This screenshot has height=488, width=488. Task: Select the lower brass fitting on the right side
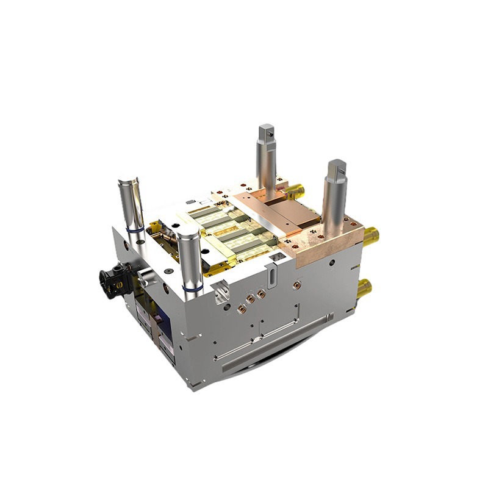(x=365, y=287)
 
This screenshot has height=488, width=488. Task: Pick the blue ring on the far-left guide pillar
(x=136, y=230)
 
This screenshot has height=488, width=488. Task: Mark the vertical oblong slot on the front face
(x=269, y=279)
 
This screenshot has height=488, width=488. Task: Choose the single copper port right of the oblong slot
(x=297, y=284)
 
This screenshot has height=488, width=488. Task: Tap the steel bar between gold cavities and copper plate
(x=262, y=213)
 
